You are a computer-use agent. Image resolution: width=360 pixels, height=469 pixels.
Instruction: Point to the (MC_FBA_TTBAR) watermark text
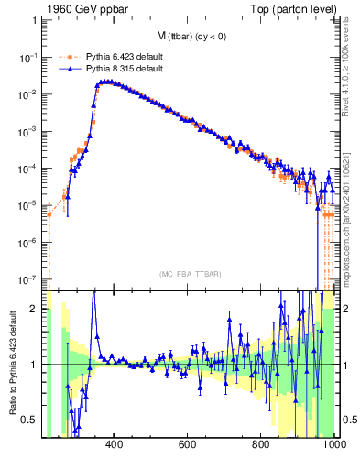point(190,274)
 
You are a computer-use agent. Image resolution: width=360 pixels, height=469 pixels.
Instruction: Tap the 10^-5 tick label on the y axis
point(28,205)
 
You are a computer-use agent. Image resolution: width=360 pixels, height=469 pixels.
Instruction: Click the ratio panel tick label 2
point(36,310)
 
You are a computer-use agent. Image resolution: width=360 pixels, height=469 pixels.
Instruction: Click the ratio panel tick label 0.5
point(31,420)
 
